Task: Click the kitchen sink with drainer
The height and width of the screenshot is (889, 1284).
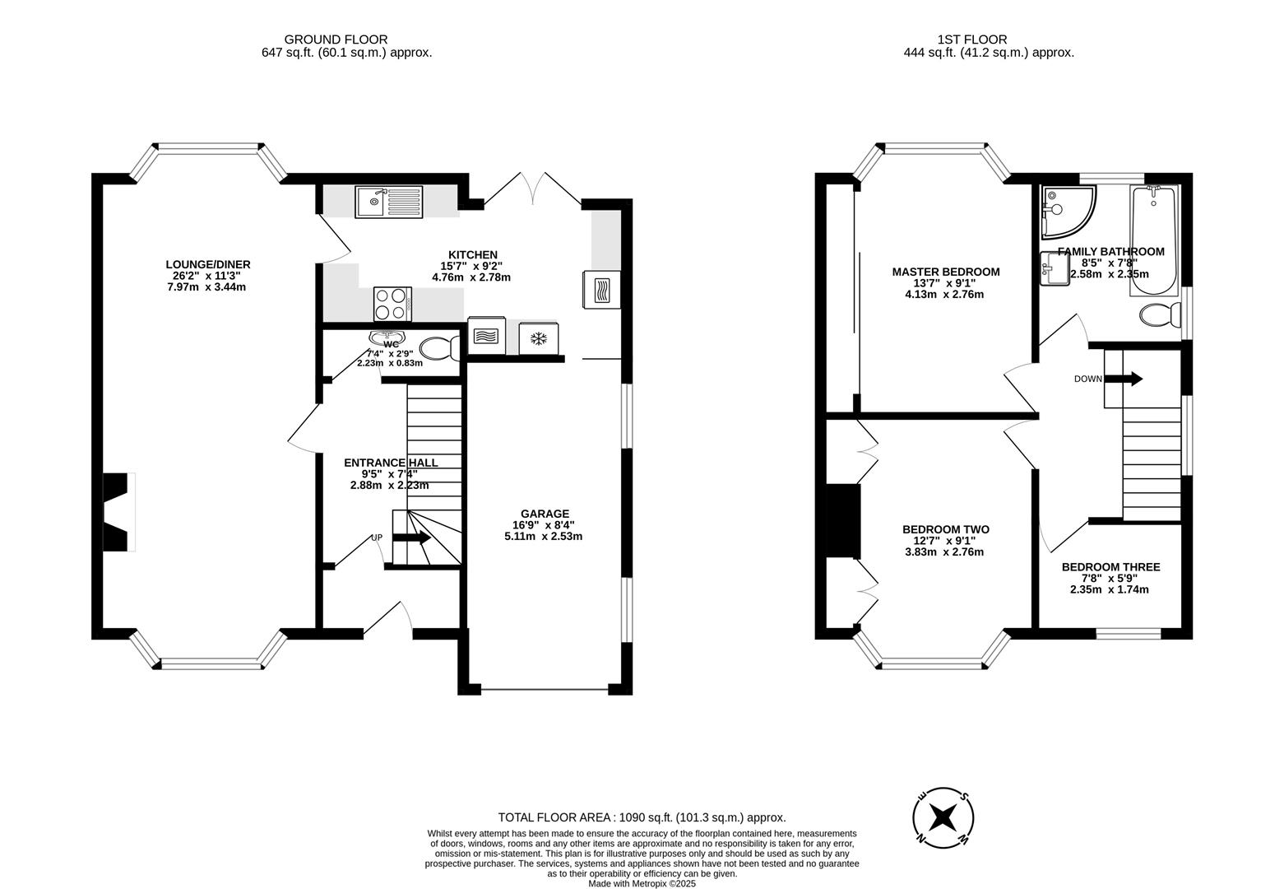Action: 389,202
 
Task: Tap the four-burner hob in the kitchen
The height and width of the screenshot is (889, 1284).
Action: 392,303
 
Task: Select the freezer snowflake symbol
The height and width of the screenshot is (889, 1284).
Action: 539,339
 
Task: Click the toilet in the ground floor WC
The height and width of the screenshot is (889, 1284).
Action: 439,349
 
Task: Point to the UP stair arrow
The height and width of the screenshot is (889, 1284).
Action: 412,538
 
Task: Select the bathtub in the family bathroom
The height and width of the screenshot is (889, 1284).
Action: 1154,240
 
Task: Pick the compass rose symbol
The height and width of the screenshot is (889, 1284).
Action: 943,819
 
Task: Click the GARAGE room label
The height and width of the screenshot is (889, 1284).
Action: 543,514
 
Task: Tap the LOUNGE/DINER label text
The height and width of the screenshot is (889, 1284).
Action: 208,264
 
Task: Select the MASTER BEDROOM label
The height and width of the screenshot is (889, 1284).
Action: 946,272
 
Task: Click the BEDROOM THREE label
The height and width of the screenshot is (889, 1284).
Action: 1110,567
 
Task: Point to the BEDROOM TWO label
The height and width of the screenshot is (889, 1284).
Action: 945,529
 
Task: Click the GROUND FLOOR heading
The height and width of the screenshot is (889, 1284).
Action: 336,39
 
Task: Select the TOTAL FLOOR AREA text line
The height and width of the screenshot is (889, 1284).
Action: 642,817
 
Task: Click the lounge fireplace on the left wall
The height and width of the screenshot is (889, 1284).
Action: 118,512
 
